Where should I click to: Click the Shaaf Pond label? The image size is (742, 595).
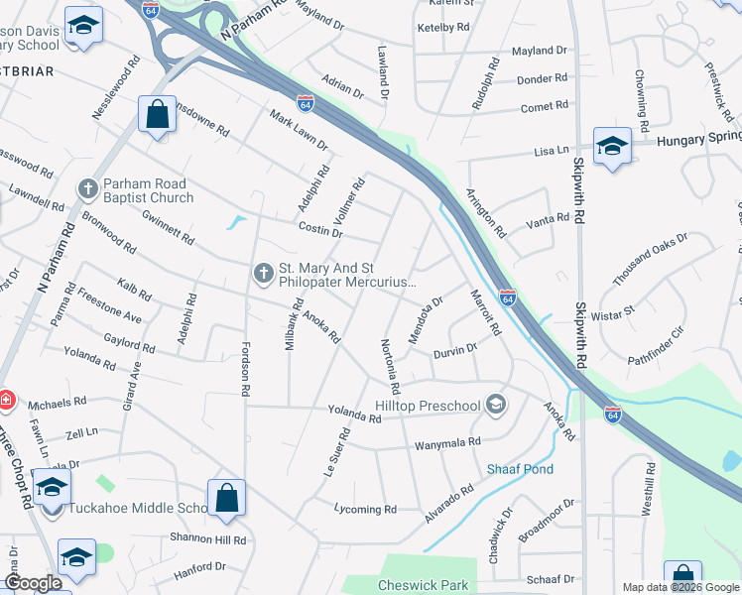(520, 469)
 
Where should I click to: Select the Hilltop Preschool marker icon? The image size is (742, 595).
(497, 405)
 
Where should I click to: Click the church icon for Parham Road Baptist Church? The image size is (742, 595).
(87, 187)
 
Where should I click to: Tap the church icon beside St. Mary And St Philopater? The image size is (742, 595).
(263, 272)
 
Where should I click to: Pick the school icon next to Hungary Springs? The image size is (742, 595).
(612, 146)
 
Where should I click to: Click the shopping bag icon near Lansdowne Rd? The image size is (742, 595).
(157, 113)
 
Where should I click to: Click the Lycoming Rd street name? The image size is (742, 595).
(366, 510)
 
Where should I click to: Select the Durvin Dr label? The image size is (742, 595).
(455, 349)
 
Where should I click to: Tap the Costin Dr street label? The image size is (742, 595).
(319, 232)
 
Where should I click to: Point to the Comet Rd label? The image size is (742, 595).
(544, 105)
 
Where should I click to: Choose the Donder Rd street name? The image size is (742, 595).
(542, 78)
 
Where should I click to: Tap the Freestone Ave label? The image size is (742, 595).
(110, 306)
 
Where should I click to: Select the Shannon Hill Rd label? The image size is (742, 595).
(208, 540)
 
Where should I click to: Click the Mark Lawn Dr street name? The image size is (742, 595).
(298, 130)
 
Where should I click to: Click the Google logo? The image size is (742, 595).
(33, 584)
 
